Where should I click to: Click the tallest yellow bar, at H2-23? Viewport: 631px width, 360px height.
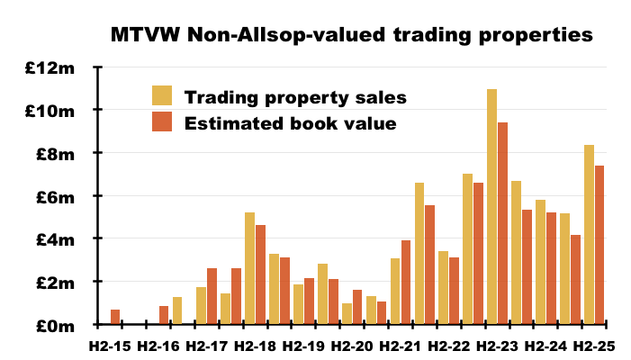(x=491, y=206)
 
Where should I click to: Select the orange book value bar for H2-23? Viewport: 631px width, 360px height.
(x=503, y=223)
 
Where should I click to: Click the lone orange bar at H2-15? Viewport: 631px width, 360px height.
(x=115, y=317)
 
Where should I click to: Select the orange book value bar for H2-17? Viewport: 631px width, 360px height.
(x=212, y=296)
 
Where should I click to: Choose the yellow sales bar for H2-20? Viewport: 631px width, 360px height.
(x=347, y=313)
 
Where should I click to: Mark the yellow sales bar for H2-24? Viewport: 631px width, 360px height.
(x=540, y=262)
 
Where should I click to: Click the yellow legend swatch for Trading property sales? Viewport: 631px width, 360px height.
(x=162, y=96)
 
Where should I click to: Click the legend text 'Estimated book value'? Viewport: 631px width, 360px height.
(x=290, y=123)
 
